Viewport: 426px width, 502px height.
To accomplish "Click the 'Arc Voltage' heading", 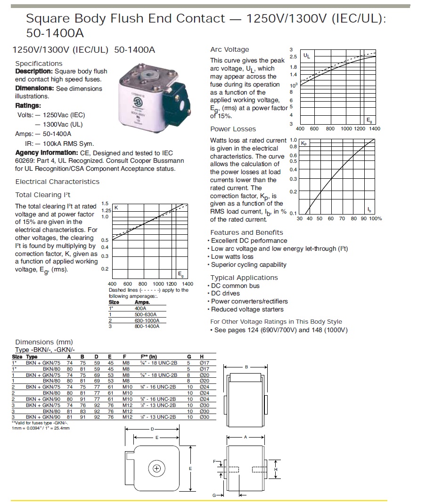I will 229,49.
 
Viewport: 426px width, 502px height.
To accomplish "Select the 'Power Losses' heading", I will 233,129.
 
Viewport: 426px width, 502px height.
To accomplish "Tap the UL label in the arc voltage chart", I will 306,56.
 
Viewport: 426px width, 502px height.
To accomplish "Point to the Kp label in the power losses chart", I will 303,143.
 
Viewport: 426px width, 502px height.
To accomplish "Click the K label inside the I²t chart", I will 116,207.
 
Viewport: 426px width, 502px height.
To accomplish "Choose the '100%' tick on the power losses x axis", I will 375,218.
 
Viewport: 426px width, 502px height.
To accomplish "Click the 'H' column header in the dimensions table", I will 202,357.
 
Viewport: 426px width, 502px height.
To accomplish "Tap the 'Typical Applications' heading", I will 244,278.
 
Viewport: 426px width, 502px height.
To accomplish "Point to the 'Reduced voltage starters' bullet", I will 247,309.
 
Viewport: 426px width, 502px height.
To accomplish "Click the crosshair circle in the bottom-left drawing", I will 157,468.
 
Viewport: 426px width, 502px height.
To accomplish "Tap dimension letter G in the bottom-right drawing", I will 214,495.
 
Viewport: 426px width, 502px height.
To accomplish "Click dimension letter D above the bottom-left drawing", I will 152,429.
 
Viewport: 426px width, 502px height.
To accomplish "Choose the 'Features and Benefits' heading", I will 246,232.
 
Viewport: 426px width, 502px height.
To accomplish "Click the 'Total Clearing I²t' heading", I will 43,195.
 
